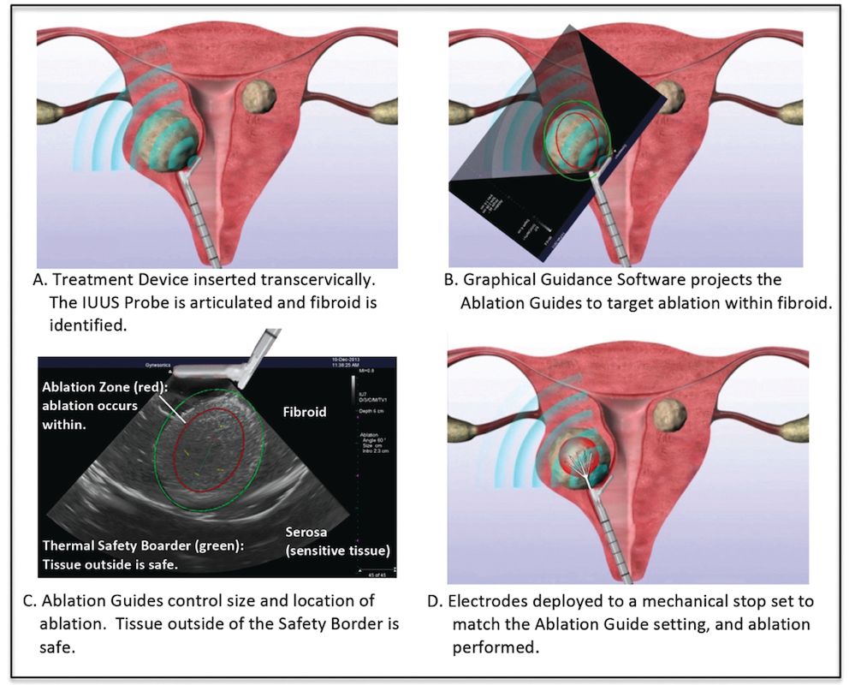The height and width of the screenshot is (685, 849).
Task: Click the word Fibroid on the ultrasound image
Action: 304,412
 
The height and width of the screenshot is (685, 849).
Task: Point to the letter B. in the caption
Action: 459,280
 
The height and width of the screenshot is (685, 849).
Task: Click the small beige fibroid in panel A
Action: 258,97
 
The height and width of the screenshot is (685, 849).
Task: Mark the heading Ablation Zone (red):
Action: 105,386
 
